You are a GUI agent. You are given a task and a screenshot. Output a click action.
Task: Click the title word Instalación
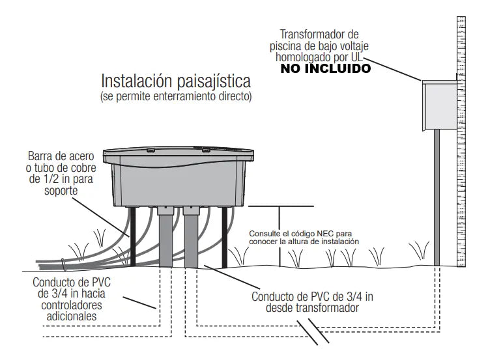(137, 81)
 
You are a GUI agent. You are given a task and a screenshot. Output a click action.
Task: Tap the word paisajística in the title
(214, 82)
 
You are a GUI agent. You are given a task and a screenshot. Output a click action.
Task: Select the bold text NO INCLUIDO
(326, 68)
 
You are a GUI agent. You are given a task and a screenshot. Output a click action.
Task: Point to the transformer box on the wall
(440, 105)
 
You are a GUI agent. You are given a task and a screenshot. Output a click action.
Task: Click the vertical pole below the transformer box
(437, 197)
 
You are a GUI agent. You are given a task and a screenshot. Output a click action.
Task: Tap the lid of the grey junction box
(179, 152)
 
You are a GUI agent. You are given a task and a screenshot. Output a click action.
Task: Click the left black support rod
(133, 236)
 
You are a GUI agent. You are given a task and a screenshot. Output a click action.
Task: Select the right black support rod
(224, 237)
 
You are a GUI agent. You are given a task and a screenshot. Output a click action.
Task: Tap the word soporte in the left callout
(61, 190)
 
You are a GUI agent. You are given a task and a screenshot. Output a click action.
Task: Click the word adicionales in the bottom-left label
(72, 316)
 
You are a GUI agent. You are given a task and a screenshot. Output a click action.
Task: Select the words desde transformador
(312, 308)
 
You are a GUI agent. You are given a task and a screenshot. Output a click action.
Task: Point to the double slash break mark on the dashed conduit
(313, 331)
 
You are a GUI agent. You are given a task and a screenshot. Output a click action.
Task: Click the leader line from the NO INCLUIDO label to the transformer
(392, 69)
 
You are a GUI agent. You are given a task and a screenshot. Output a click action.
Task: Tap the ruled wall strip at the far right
(461, 141)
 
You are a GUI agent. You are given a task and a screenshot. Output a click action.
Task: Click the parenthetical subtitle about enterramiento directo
(176, 97)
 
